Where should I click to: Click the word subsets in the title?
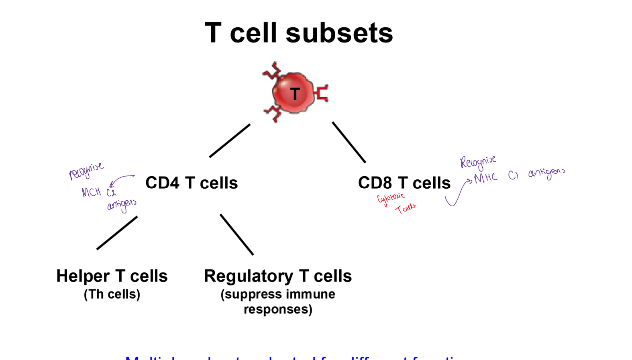click(x=339, y=33)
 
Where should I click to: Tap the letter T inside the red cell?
click(x=295, y=94)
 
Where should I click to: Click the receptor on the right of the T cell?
click(x=322, y=93)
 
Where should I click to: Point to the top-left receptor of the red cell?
click(x=273, y=71)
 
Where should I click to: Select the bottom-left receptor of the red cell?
click(x=273, y=114)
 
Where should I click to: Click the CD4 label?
click(x=162, y=183)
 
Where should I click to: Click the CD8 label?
click(x=375, y=183)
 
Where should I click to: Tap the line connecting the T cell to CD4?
click(x=230, y=140)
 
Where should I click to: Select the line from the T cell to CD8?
click(x=349, y=142)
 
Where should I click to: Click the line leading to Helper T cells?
click(x=117, y=233)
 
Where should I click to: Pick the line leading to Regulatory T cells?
click(x=236, y=234)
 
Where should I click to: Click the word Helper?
click(x=83, y=276)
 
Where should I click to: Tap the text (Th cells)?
click(x=112, y=294)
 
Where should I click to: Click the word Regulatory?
click(x=249, y=276)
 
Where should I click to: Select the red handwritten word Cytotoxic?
click(x=391, y=198)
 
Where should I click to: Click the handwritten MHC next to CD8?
click(x=485, y=178)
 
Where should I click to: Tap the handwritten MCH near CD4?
click(x=91, y=193)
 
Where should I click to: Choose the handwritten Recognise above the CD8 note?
click(x=478, y=162)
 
